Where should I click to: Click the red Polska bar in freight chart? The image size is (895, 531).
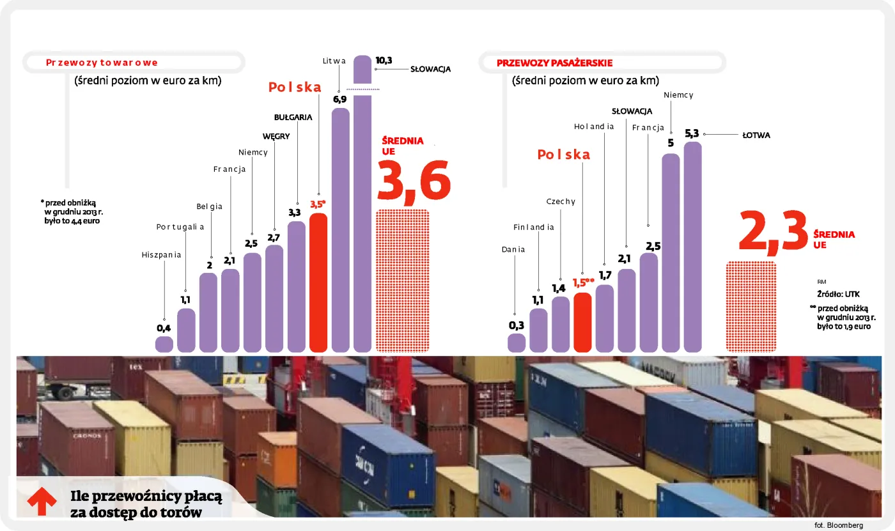[318, 282]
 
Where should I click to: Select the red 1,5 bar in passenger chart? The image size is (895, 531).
[582, 322]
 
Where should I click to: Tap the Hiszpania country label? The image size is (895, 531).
[161, 255]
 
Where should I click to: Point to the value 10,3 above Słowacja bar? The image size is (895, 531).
[384, 61]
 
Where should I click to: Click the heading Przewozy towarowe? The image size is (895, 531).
[102, 63]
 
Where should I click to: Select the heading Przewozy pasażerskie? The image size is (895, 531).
[555, 63]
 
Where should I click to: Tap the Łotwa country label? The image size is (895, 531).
[756, 135]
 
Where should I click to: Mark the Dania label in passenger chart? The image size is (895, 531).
[513, 249]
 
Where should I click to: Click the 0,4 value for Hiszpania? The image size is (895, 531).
[164, 328]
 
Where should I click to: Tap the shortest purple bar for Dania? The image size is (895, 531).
[516, 342]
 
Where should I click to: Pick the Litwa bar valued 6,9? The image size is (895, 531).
[341, 230]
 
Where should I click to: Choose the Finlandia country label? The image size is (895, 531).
[533, 227]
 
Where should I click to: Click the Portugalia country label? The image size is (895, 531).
[180, 227]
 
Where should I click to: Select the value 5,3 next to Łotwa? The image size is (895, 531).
[692, 134]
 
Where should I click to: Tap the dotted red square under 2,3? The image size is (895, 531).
[751, 306]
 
